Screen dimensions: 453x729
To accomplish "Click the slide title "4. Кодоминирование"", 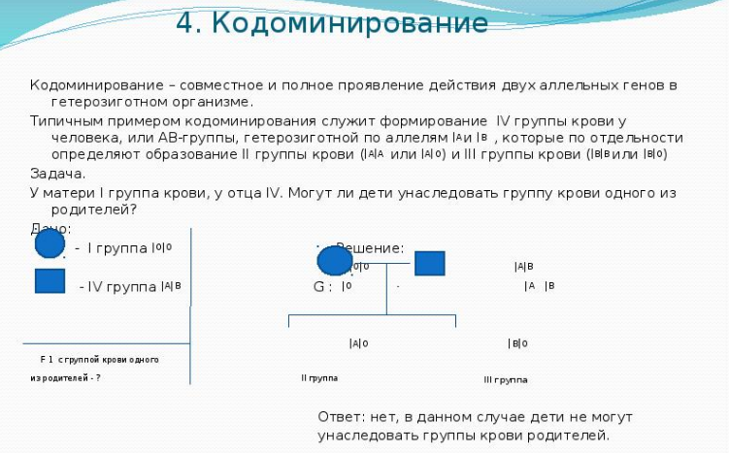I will click(332, 22).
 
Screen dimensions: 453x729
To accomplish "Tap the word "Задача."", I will click(57, 174).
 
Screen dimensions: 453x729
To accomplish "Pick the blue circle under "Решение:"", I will click(335, 260).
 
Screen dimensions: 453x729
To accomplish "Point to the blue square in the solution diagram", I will click(429, 263).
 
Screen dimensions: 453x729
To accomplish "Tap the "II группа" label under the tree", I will click(319, 377).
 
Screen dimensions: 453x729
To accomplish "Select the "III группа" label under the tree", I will click(505, 379).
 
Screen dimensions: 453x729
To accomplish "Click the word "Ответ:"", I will click(341, 416).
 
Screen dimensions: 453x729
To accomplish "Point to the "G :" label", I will click(322, 287).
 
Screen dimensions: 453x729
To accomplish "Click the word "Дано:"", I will click(50, 229).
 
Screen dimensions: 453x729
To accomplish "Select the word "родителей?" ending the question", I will click(94, 209).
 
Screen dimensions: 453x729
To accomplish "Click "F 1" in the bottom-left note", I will click(46, 359).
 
